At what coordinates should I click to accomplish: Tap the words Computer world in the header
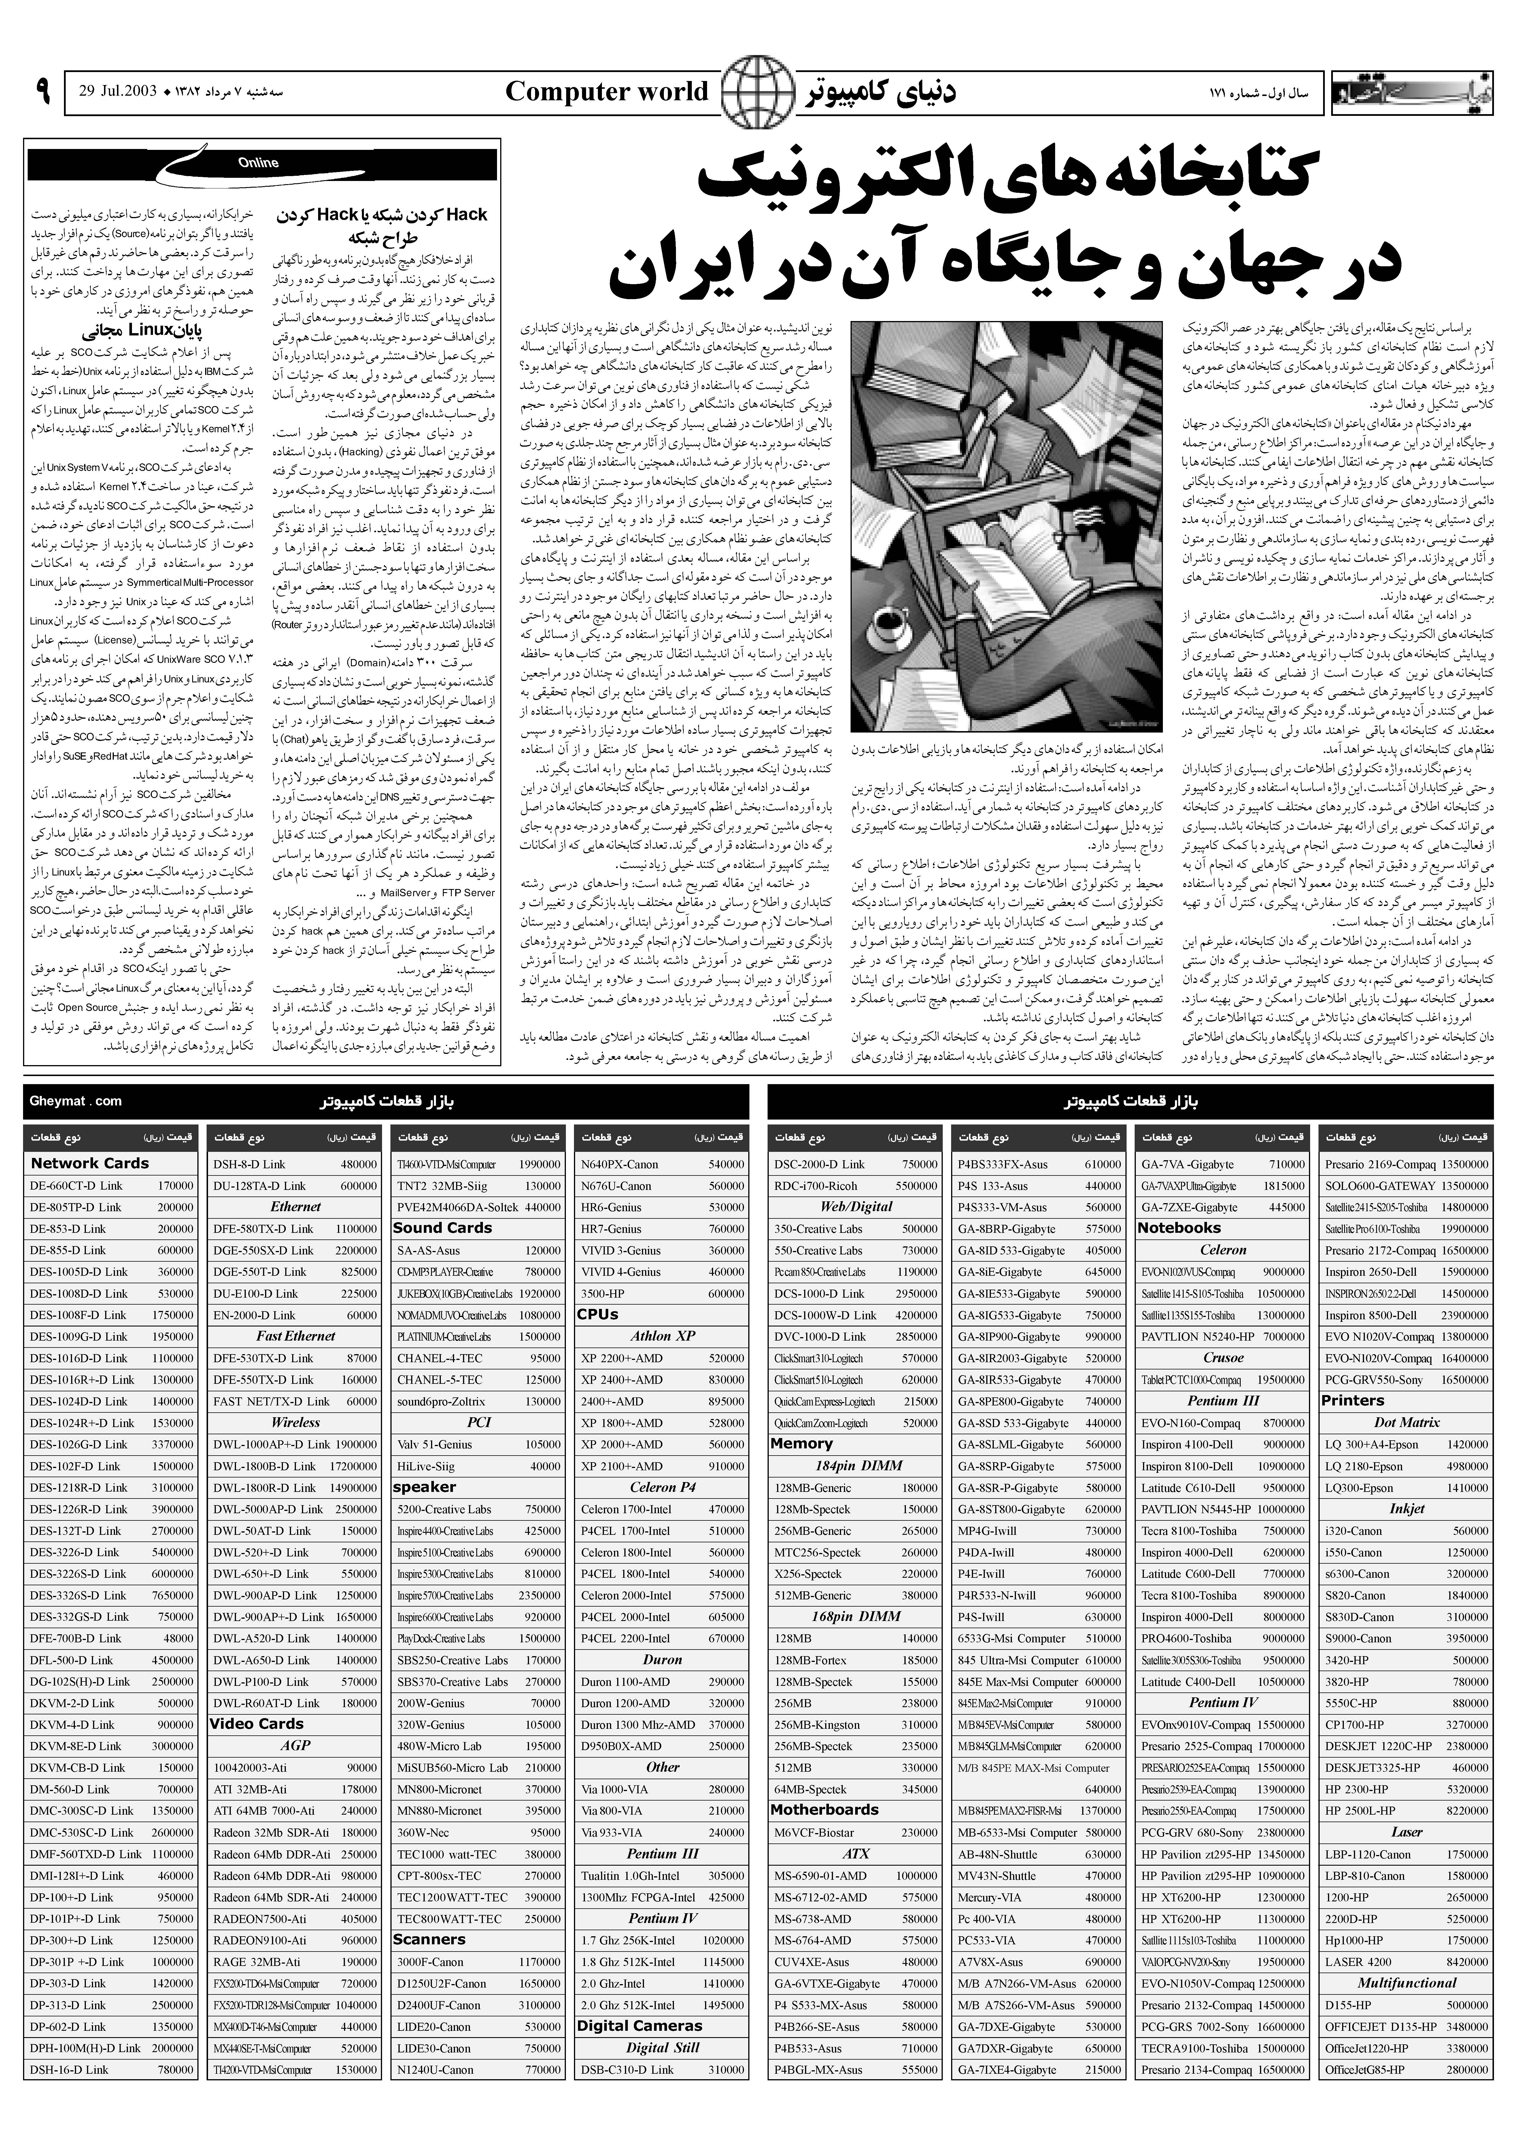pyautogui.click(x=607, y=92)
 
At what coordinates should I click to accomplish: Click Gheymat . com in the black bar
pyautogui.click(x=75, y=1100)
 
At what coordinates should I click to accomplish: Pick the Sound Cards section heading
pyautogui.click(x=443, y=1227)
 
